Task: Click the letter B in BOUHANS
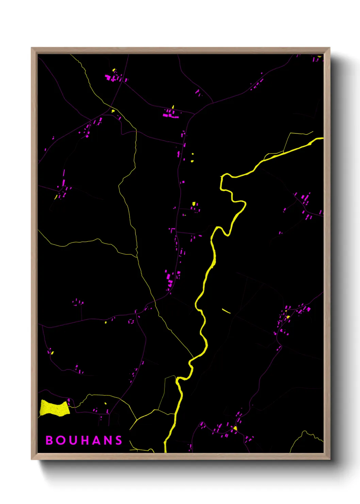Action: click(49, 440)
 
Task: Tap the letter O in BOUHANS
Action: click(61, 440)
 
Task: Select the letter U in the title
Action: click(73, 440)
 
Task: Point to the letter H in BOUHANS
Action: click(85, 440)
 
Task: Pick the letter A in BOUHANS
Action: click(97, 440)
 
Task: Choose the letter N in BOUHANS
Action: click(108, 440)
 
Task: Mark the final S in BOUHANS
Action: click(119, 440)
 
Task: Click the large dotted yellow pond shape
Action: click(54, 408)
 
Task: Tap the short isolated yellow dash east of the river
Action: click(226, 311)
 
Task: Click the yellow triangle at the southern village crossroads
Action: click(235, 428)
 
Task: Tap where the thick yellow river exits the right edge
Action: click(322, 138)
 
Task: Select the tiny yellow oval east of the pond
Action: click(105, 403)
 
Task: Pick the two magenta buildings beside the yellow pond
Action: click(69, 402)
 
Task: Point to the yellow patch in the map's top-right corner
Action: click(319, 57)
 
